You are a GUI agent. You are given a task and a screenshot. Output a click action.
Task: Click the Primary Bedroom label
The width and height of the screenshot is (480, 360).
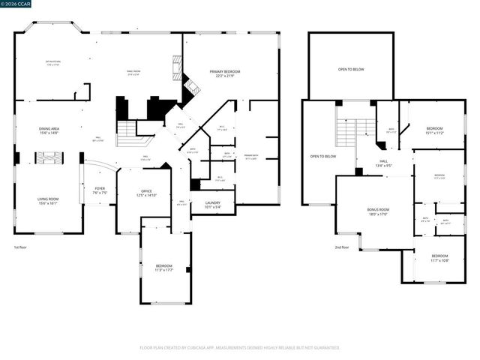tap(224, 73)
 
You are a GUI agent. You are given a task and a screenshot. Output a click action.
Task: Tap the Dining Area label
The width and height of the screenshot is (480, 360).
tap(49, 130)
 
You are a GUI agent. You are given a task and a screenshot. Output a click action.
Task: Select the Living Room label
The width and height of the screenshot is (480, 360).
tap(48, 201)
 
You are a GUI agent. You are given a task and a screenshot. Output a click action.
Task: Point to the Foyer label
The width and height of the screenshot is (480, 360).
tap(100, 190)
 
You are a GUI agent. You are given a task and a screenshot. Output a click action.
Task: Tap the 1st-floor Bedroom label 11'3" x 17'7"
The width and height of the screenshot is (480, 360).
tap(163, 268)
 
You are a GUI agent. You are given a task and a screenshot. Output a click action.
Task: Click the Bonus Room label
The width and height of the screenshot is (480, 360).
tap(378, 211)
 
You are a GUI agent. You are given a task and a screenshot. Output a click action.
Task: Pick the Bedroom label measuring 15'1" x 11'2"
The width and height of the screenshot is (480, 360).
tap(435, 130)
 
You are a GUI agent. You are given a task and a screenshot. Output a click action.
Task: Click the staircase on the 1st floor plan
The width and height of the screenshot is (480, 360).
tap(127, 133)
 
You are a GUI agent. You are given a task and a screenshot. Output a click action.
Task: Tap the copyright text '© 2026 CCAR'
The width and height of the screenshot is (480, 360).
tap(16, 4)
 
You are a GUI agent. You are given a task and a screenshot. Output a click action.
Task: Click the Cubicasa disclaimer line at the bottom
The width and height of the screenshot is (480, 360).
tap(240, 347)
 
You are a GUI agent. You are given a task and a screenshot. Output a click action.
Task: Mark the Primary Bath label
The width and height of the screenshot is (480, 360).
tap(250, 157)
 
